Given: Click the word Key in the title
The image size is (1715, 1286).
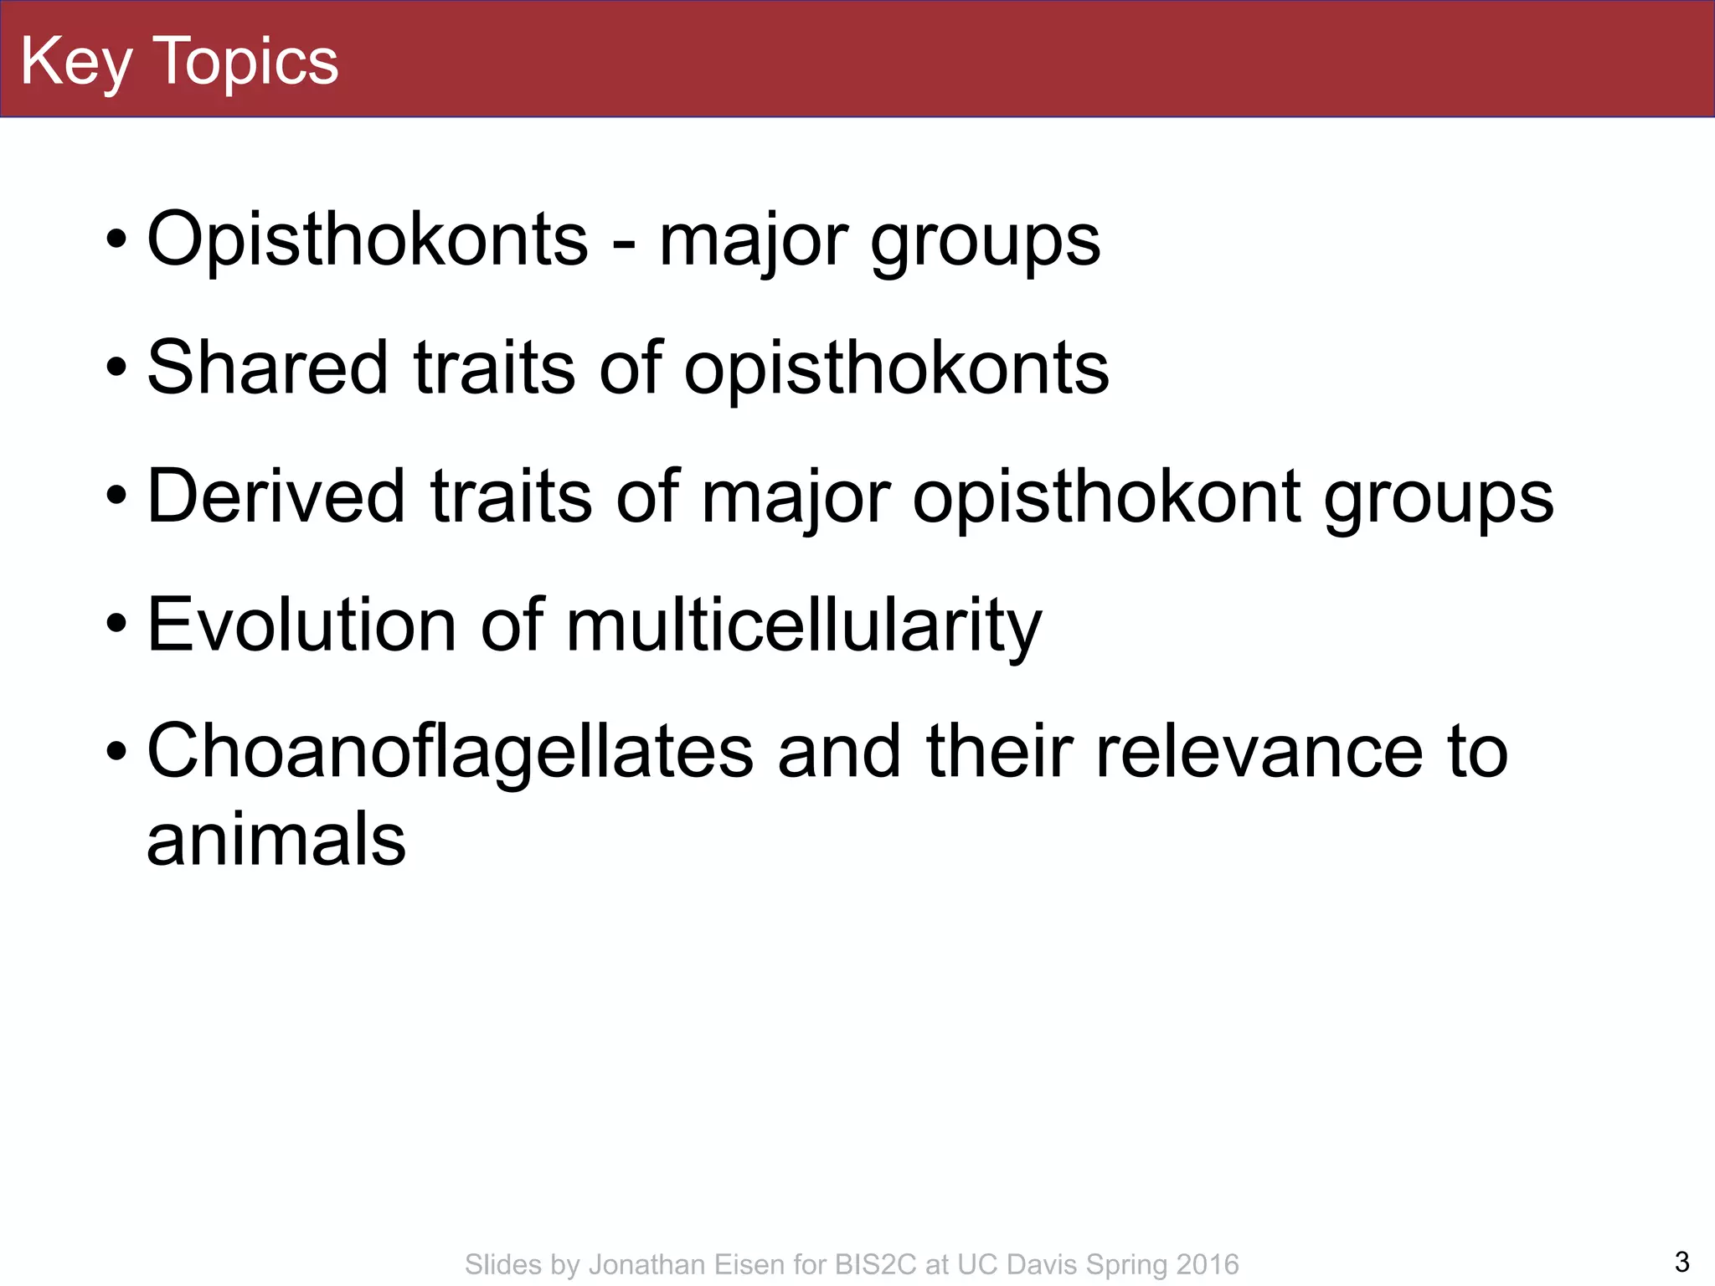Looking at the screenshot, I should pyautogui.click(x=75, y=62).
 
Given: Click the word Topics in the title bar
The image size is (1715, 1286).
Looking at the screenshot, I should pyautogui.click(x=246, y=62).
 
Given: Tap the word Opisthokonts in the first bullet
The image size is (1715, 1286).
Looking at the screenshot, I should pyautogui.click(x=367, y=239).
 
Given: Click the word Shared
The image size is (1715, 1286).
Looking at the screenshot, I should pyautogui.click(x=267, y=368).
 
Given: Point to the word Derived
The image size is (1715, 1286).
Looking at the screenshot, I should pyautogui.click(x=276, y=496).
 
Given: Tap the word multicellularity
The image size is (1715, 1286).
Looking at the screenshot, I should pyautogui.click(x=804, y=626).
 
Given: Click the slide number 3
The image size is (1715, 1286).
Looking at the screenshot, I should pyautogui.click(x=1682, y=1261).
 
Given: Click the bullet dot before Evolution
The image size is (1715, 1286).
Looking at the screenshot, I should pyautogui.click(x=117, y=625).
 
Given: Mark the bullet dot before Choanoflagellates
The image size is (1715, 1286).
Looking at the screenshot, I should pyautogui.click(x=117, y=752).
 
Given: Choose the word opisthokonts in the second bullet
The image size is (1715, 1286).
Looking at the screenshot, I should pyautogui.click(x=896, y=369).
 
